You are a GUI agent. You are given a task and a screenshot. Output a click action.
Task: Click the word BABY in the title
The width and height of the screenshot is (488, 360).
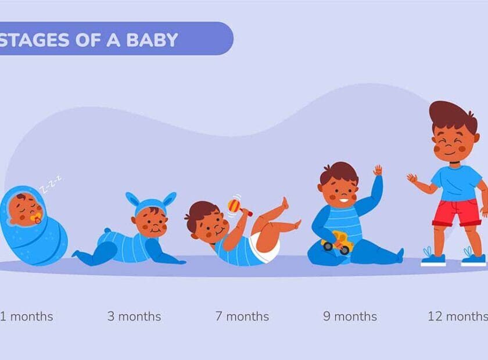coord(152,40)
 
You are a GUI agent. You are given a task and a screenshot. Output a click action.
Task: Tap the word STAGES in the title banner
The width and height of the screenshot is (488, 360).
coord(34,40)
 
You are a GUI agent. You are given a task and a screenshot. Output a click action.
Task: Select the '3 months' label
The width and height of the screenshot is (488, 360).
coord(134,316)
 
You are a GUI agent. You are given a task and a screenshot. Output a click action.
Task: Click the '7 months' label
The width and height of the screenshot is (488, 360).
coord(242,316)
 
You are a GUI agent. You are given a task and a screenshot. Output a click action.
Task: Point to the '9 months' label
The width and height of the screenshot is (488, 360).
coord(350,316)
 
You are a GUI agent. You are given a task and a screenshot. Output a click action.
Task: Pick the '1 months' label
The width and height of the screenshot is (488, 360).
coord(27,316)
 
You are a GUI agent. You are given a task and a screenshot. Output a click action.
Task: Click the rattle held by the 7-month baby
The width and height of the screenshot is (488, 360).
coord(239,207)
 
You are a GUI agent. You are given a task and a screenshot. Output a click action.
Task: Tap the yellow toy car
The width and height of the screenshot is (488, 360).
coord(338,242)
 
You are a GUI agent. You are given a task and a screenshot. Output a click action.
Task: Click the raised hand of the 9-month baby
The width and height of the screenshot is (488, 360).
coord(378,171)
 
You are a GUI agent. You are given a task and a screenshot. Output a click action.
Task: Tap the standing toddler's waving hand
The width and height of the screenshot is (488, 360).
coord(412,179)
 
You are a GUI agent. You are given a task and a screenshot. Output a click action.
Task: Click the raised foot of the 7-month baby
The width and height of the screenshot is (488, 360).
coord(284,203)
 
